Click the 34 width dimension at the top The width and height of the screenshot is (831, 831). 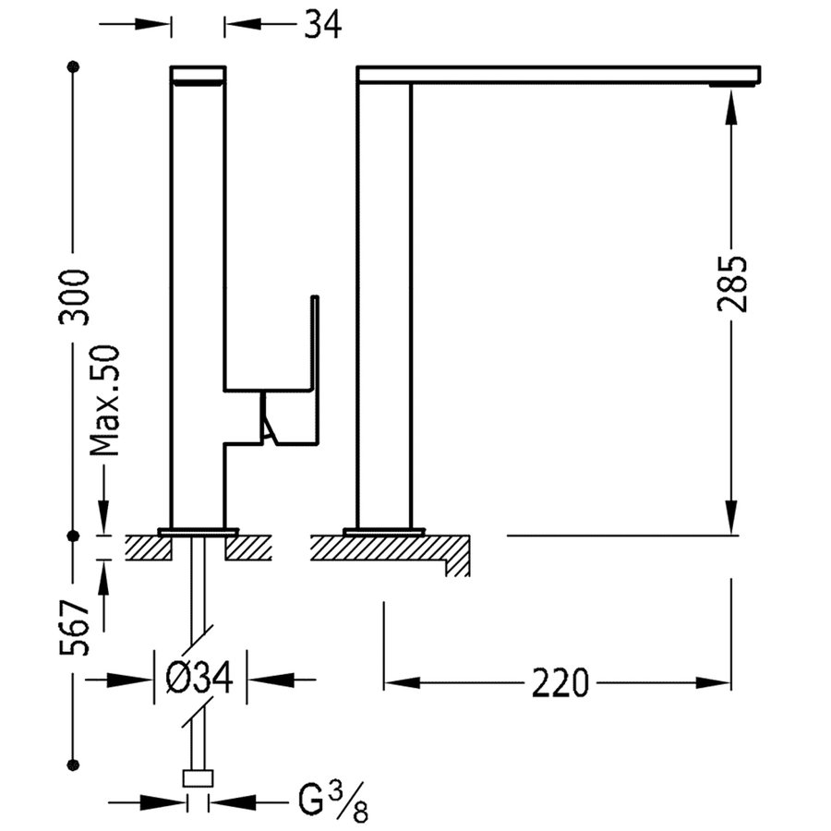[322, 25]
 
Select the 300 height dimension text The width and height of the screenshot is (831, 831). [74, 295]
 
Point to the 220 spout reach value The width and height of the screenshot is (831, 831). [560, 683]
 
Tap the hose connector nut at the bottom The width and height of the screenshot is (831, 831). [198, 777]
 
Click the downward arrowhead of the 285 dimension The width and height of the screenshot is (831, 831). [731, 517]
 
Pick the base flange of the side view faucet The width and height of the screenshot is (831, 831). [383, 532]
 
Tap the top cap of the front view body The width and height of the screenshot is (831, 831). [199, 73]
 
